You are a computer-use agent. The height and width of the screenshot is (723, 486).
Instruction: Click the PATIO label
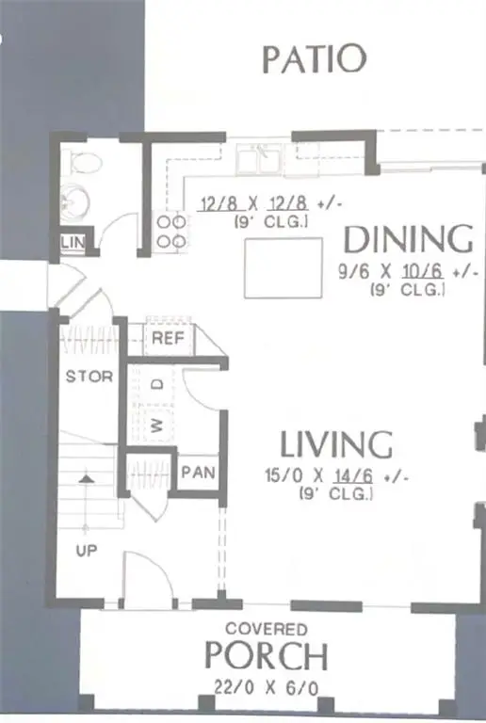314,58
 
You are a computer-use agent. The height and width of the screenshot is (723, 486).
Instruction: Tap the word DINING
407,239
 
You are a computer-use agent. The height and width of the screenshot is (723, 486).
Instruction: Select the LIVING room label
336,442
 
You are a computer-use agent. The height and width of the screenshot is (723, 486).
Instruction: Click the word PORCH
266,655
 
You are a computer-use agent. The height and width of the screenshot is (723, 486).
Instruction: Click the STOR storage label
89,377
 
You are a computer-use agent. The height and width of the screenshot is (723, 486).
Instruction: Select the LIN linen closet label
73,244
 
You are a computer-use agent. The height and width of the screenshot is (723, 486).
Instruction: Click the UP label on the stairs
87,551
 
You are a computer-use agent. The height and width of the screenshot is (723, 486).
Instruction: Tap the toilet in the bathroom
84,165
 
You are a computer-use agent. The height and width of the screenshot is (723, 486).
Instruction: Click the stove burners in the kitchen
170,233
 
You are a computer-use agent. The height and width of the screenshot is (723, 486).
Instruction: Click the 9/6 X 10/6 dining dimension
408,272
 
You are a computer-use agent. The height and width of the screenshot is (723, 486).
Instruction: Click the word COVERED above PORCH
266,629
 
